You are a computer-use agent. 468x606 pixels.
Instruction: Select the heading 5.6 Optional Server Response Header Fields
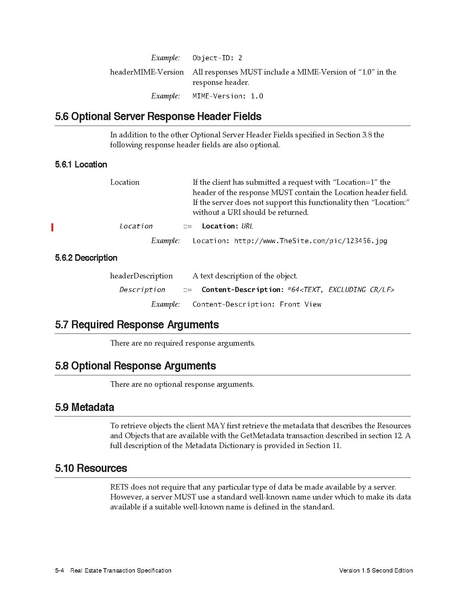tap(158, 116)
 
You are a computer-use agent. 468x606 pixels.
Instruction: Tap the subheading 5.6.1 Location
tap(81, 165)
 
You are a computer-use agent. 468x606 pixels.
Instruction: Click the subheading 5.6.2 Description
tap(86, 258)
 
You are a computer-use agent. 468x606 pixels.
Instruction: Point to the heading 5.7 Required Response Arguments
tap(137, 325)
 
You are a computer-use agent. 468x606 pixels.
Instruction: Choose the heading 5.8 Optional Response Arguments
tap(135, 366)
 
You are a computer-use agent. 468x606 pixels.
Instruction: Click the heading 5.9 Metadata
tap(84, 407)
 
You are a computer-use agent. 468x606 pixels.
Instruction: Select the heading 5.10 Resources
tap(91, 468)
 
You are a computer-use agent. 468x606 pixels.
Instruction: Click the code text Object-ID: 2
tap(217, 58)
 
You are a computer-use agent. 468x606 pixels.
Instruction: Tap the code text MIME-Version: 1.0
tap(228, 96)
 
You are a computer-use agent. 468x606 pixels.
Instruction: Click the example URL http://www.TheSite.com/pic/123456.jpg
tap(311, 241)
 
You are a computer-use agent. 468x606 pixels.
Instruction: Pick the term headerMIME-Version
tap(147, 72)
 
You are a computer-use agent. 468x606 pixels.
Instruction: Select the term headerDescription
tap(141, 276)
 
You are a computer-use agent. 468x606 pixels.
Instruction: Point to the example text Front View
tap(300, 304)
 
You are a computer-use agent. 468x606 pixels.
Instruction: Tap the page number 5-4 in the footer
tap(60, 570)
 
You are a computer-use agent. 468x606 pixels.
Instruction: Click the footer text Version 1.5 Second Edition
tap(376, 570)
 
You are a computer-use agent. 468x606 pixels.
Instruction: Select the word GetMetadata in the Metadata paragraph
tap(262, 436)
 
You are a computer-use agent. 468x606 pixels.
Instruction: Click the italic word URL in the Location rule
tap(247, 226)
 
